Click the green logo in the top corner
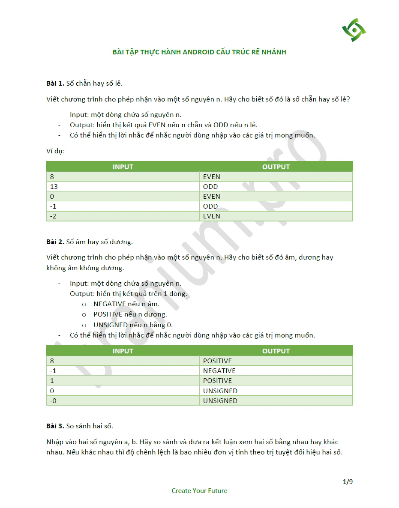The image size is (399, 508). pyautogui.click(x=354, y=30)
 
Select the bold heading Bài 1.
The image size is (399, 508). pyautogui.click(x=55, y=83)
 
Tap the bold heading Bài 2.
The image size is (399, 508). pyautogui.click(x=55, y=242)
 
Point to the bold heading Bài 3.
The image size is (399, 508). pyautogui.click(x=55, y=426)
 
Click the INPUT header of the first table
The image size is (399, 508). pyautogui.click(x=123, y=167)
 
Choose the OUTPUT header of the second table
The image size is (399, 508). pyautogui.click(x=276, y=351)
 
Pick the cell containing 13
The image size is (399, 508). pyautogui.click(x=54, y=187)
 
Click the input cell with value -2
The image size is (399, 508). pyautogui.click(x=53, y=216)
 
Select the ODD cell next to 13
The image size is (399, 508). pyautogui.click(x=210, y=187)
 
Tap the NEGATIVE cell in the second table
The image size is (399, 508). pyautogui.click(x=219, y=371)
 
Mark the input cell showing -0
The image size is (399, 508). pyautogui.click(x=54, y=401)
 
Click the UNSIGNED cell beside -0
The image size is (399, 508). pyautogui.click(x=220, y=401)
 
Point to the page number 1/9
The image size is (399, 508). pyautogui.click(x=348, y=482)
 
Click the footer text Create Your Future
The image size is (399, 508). pyautogui.click(x=199, y=491)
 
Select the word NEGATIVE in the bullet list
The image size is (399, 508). pyautogui.click(x=110, y=304)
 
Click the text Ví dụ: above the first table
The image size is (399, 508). pyautogui.click(x=55, y=151)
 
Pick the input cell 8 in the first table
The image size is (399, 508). pyautogui.click(x=52, y=177)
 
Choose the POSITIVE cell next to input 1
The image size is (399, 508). pyautogui.click(x=217, y=381)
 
